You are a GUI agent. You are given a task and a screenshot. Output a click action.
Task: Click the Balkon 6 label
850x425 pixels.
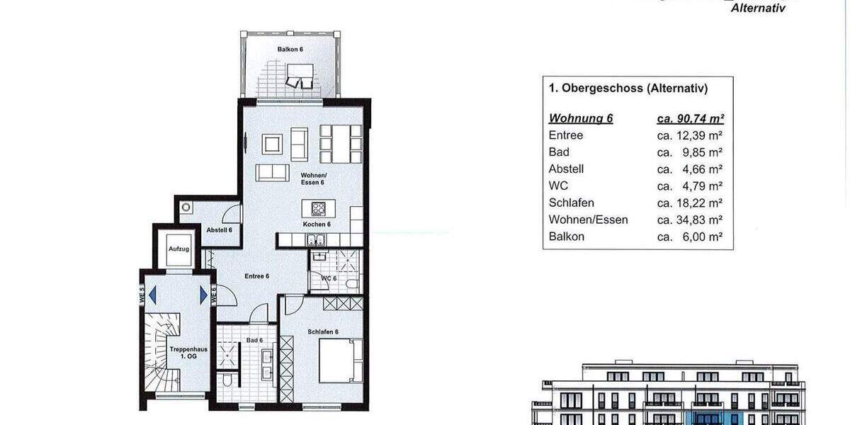pos(290,48)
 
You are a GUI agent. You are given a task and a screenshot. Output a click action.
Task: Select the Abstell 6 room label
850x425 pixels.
pos(219,230)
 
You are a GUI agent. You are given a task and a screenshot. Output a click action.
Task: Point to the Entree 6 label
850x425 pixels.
pos(256,276)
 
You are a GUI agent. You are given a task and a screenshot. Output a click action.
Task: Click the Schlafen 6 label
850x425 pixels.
pos(322,331)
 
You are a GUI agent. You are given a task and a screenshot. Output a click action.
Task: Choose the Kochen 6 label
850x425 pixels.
pos(317,225)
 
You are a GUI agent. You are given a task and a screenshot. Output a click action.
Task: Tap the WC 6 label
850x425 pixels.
pos(329,278)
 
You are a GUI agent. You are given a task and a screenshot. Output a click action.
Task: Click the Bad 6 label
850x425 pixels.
pos(255,341)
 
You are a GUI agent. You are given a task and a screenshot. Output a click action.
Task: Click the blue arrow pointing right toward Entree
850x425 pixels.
pos(204,293)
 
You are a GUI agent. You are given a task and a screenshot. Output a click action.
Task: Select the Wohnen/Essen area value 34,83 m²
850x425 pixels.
pos(690,220)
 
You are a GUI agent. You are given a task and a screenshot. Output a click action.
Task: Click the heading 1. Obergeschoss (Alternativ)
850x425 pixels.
pos(628,89)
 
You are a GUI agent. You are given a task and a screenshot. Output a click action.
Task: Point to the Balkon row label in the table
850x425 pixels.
pos(566,237)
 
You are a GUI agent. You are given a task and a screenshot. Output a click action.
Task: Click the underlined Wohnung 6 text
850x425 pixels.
pos(580,118)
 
